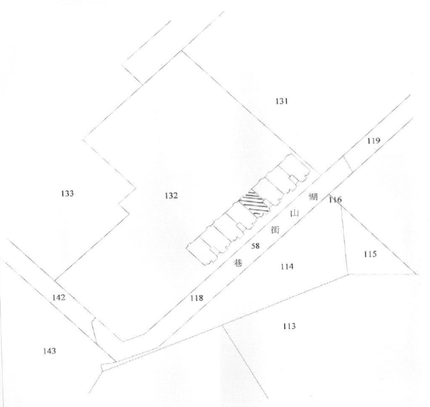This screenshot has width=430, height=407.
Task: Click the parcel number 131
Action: tap(281, 101)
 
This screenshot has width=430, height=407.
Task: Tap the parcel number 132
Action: tap(171, 196)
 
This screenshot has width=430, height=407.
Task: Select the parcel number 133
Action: tap(67, 193)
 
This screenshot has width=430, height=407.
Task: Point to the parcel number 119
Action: tap(374, 141)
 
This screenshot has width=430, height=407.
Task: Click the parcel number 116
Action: tap(336, 200)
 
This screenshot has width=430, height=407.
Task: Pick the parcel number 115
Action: tap(370, 254)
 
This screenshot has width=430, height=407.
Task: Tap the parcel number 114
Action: tap(287, 266)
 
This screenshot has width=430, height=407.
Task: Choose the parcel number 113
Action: tap(289, 326)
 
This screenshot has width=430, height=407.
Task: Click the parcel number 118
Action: tap(197, 297)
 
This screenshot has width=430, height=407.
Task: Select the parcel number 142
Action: tap(59, 297)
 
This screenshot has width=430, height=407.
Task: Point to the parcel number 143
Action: tap(50, 351)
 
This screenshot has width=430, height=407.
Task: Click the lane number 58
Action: tap(255, 246)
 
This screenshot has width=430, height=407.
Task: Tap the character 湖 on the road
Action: tap(313, 196)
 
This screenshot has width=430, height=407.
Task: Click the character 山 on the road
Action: tap(294, 213)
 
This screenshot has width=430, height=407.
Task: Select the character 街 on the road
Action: tap(275, 230)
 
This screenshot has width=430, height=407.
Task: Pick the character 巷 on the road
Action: tap(238, 263)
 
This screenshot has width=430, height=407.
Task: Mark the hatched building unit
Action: tap(254, 203)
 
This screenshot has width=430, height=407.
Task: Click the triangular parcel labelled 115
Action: tap(373, 252)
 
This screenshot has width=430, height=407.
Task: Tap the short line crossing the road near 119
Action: tap(348, 164)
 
